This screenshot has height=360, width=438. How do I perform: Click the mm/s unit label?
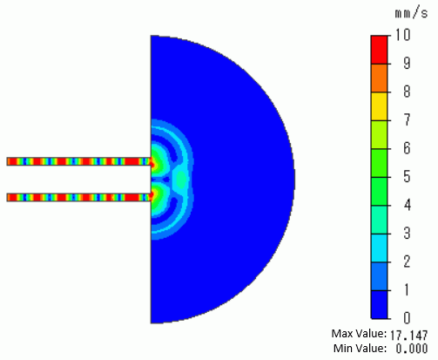pos(411,14)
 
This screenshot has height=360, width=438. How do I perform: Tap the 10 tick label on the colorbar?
pos(402,35)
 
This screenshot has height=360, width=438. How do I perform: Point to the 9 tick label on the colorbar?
pos(407,63)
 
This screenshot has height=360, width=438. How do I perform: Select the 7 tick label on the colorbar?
pos(407,119)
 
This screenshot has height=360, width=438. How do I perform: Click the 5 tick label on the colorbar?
pos(407,176)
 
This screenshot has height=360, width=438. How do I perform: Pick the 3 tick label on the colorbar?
pos(407,233)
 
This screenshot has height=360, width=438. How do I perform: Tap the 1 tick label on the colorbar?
pos(407,289)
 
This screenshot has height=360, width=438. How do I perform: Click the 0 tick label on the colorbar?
pos(407,318)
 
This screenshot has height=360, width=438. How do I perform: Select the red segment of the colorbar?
pos(379,50)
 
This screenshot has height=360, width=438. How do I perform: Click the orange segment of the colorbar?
pos(379,78)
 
